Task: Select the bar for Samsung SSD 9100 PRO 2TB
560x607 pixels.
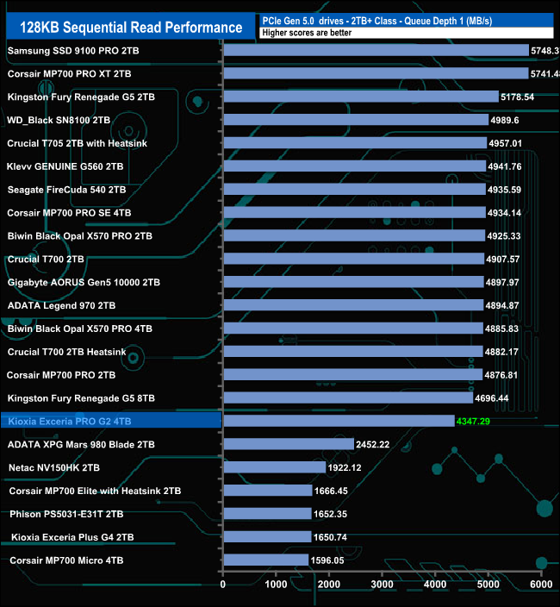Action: [x=376, y=51]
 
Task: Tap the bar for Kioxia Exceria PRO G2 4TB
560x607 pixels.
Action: [x=339, y=421]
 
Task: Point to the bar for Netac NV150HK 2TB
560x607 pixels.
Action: [x=274, y=467]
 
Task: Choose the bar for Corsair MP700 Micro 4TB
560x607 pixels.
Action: [x=265, y=560]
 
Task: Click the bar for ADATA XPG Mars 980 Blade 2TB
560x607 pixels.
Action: [x=289, y=444]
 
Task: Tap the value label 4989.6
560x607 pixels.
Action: [x=514, y=120]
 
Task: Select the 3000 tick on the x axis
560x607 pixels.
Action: [x=382, y=585]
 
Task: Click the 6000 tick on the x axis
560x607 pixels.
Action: [x=540, y=585]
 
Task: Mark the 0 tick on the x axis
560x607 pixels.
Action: [x=223, y=585]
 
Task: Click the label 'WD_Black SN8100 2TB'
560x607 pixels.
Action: [x=59, y=120]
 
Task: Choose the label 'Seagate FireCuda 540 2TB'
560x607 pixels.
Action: [x=66, y=189]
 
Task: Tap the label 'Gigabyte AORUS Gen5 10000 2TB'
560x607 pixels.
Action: [x=84, y=282]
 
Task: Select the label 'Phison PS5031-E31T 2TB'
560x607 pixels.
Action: [x=69, y=513]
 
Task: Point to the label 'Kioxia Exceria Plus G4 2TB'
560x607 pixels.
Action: [x=72, y=536]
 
